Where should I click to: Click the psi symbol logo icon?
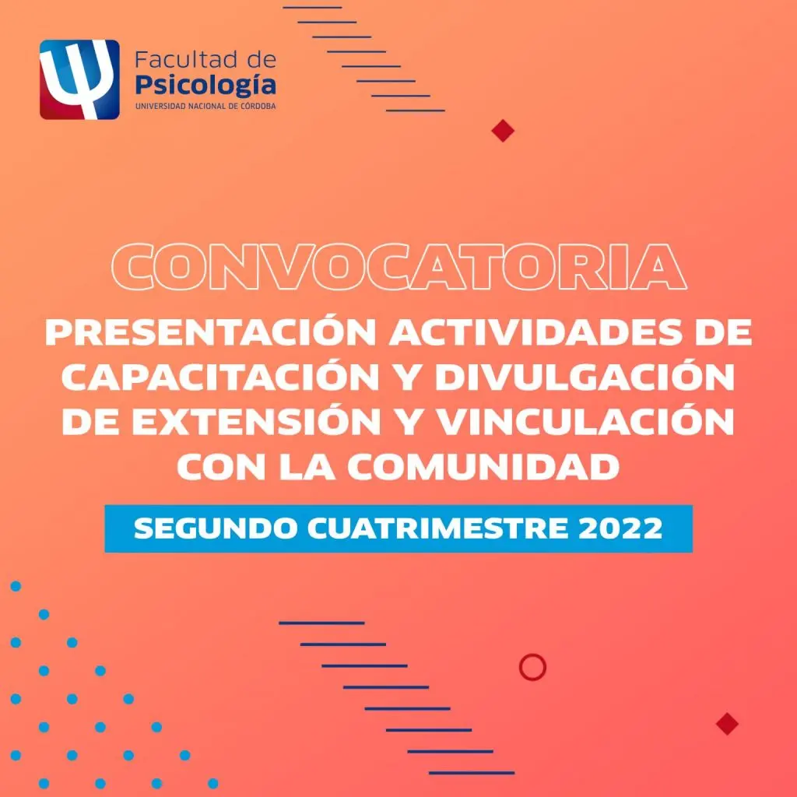79,79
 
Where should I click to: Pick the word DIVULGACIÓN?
584,377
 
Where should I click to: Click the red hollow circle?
532,667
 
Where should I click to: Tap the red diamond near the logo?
504,131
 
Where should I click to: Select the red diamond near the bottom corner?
727,724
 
